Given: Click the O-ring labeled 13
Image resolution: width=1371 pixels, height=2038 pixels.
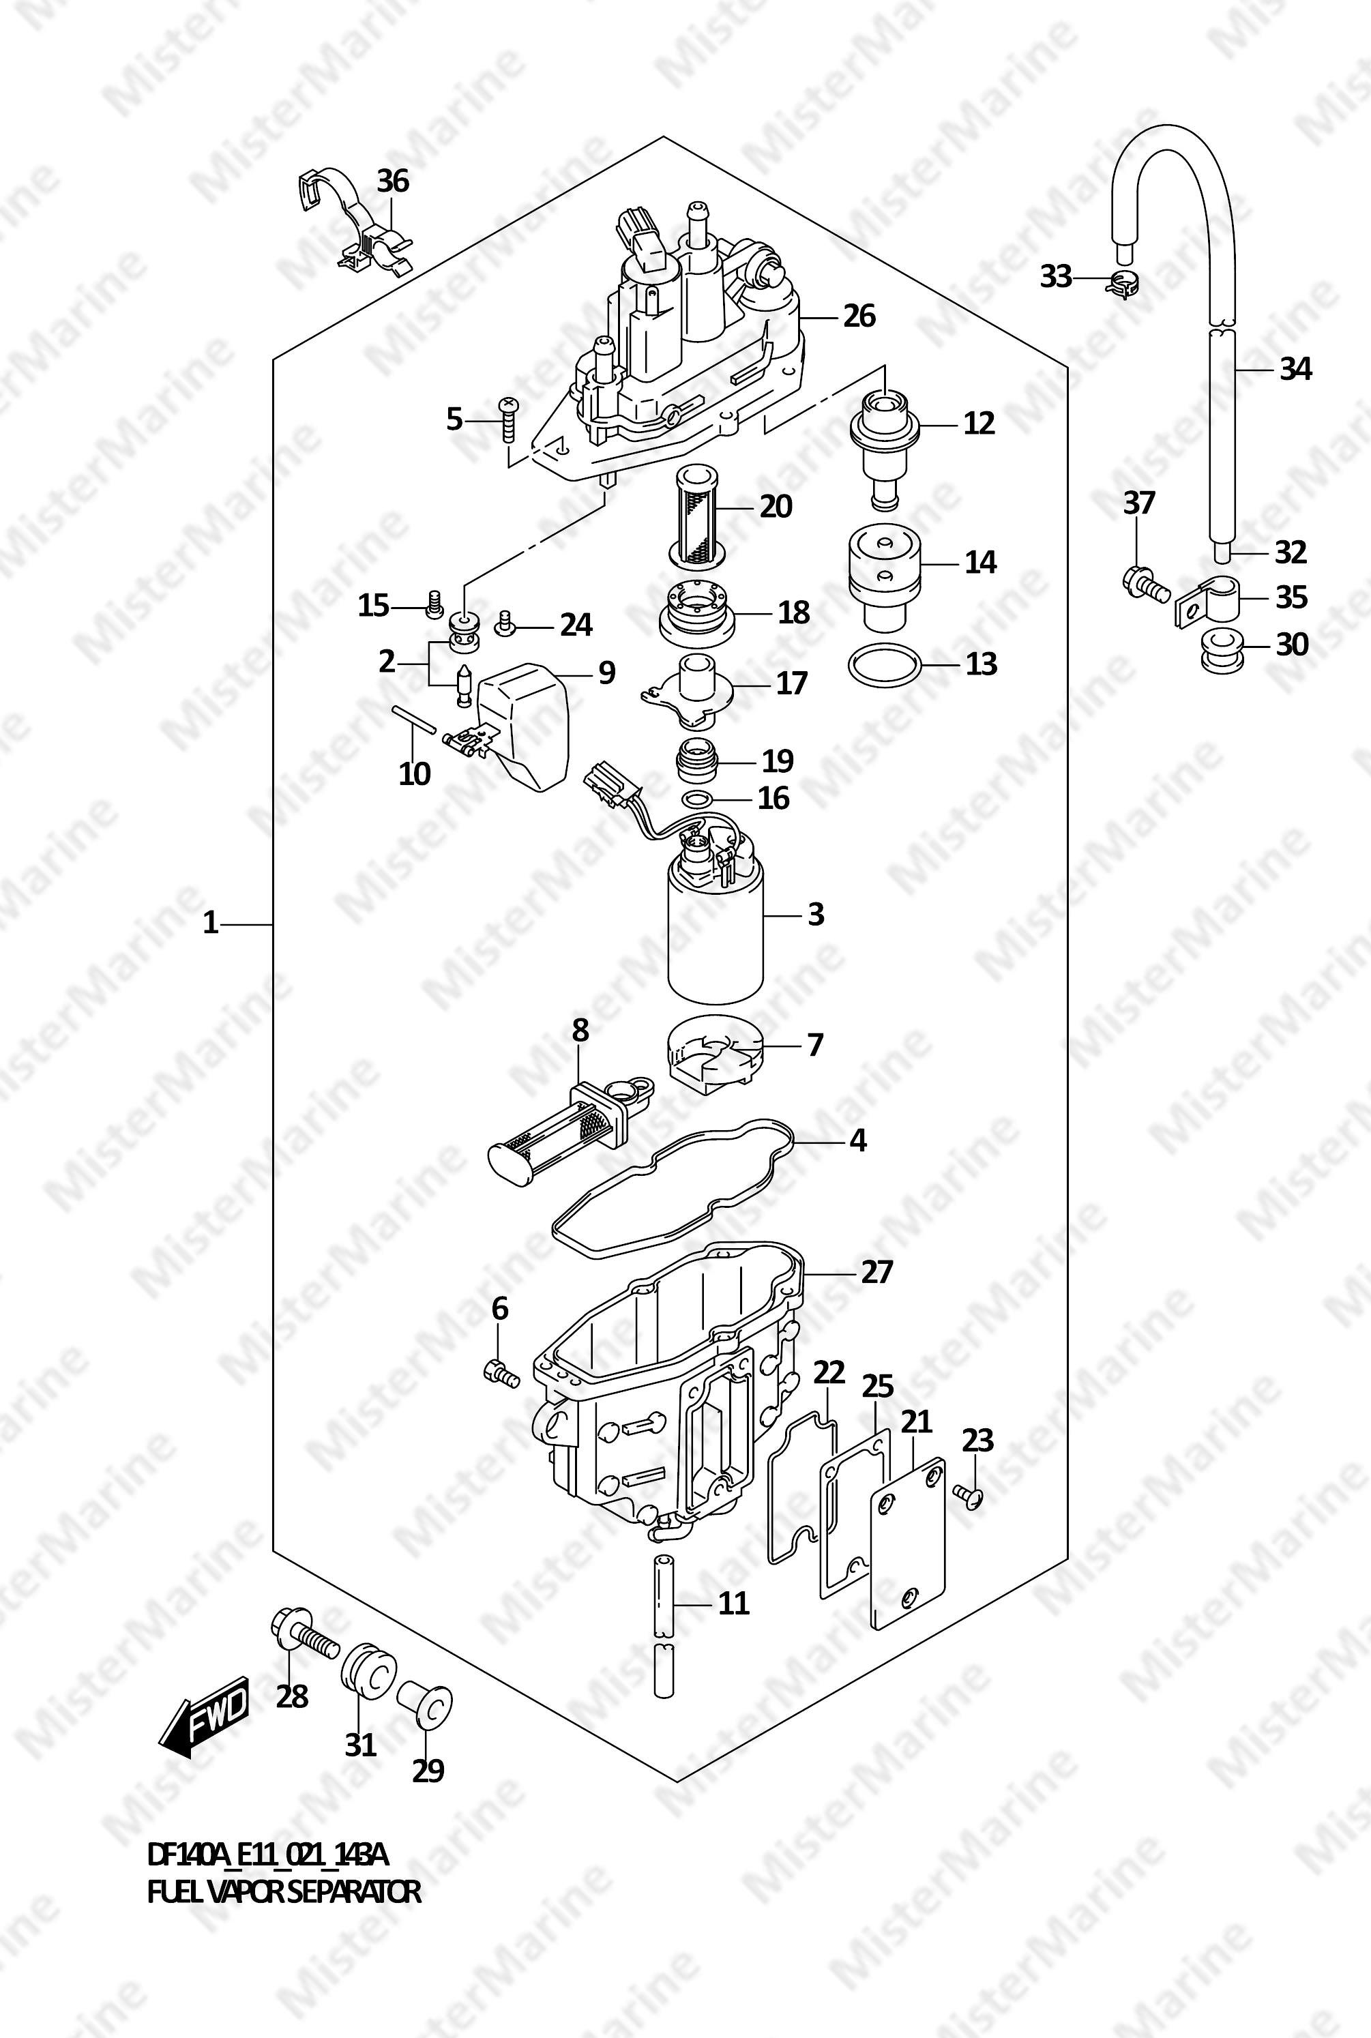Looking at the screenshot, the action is (885, 665).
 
